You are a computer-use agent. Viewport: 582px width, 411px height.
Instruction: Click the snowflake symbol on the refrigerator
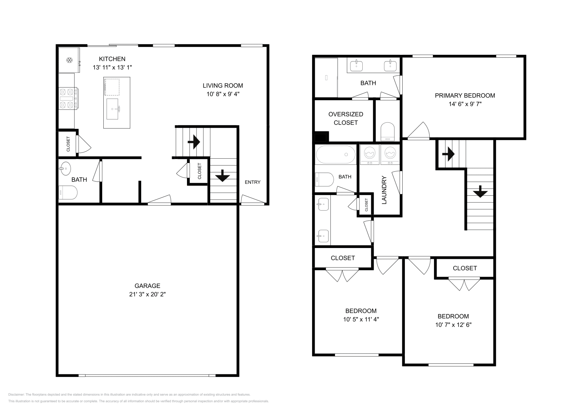(69, 60)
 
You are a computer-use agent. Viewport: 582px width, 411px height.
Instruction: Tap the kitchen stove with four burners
(68, 98)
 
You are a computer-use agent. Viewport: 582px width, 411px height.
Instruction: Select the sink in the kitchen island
(112, 109)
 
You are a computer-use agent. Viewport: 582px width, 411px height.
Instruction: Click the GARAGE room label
(147, 286)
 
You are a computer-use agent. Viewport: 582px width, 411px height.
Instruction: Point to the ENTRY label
(252, 182)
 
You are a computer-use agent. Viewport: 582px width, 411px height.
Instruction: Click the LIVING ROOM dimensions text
(223, 94)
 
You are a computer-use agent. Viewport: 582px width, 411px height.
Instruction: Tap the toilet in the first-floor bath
(68, 193)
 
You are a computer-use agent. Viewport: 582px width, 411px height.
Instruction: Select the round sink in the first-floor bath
(65, 168)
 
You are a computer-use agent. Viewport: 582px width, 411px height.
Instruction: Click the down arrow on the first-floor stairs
(222, 176)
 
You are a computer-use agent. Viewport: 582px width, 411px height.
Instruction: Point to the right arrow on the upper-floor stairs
(448, 154)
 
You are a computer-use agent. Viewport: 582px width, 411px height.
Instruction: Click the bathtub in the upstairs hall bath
(336, 155)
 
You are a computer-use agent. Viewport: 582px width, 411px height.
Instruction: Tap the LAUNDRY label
(384, 190)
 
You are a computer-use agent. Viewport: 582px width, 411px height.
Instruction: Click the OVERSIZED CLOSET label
(346, 118)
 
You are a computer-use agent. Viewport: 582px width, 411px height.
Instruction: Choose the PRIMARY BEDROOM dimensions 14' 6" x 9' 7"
(465, 104)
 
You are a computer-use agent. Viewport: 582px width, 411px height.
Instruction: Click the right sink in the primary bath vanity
(390, 66)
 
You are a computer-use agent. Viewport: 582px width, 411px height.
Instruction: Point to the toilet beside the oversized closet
(388, 132)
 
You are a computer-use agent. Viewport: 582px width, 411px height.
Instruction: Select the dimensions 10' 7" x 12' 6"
(453, 325)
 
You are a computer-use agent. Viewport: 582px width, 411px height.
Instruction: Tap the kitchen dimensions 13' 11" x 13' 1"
(112, 68)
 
